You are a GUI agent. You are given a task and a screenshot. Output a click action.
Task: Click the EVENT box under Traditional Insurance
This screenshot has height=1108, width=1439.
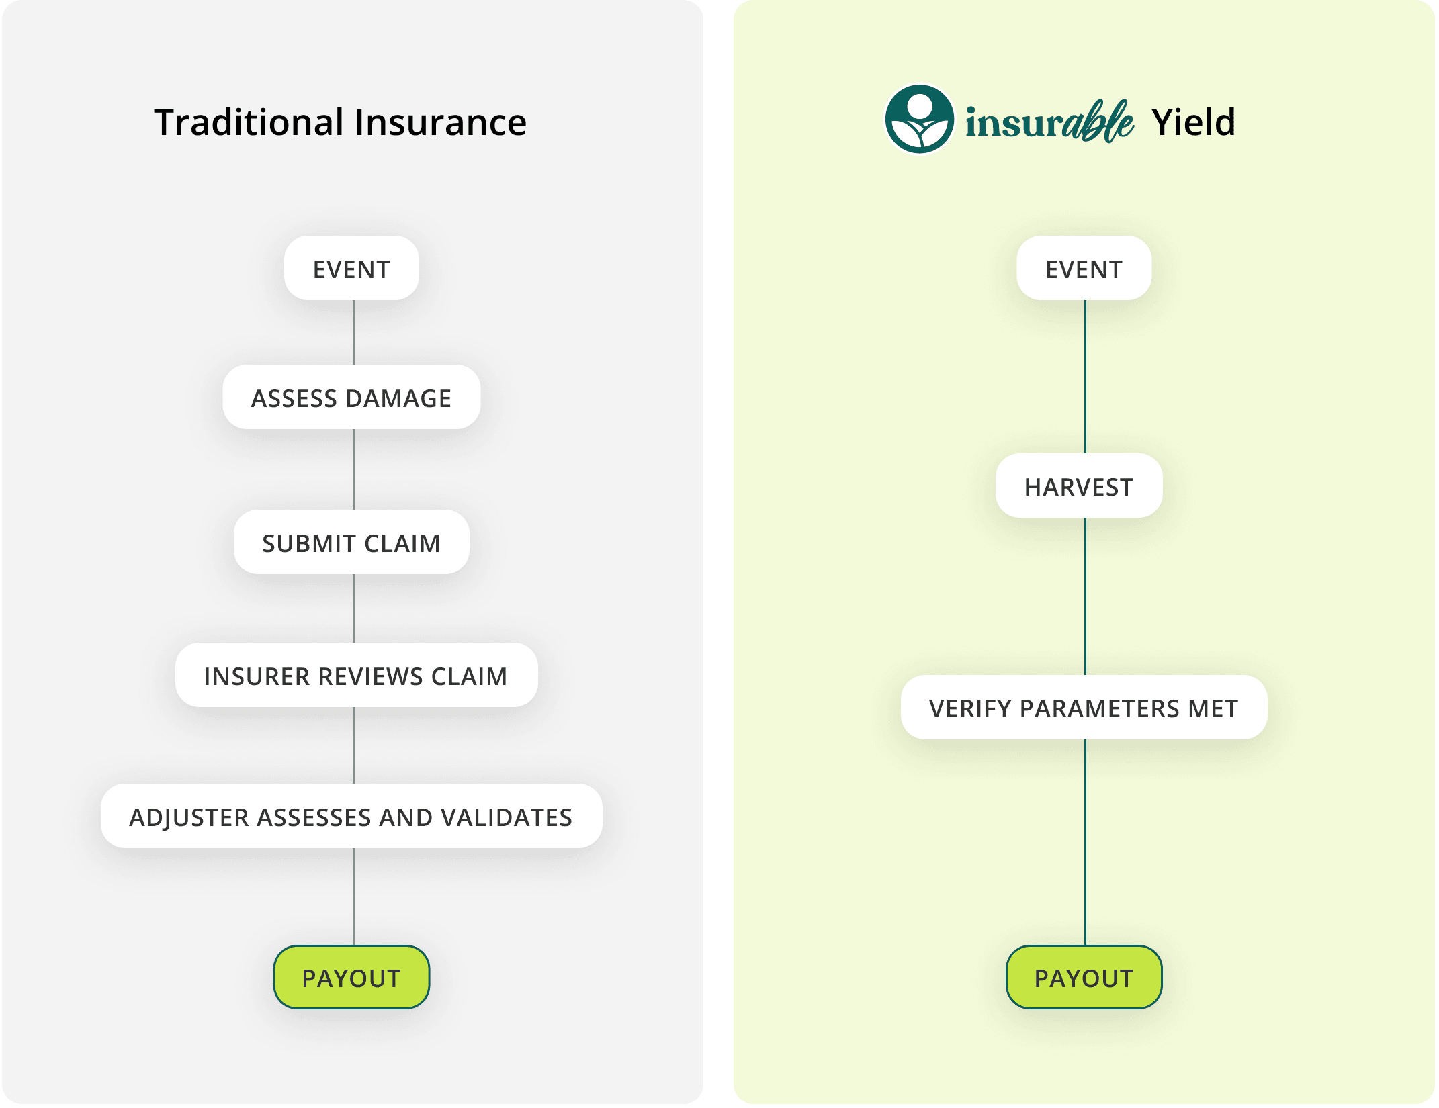point(351,269)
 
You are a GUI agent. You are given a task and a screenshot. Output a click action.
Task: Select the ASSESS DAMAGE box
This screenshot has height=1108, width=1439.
point(351,398)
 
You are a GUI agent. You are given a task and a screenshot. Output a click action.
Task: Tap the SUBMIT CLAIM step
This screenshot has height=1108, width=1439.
point(351,543)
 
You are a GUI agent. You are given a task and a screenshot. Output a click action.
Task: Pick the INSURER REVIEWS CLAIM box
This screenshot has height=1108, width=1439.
point(356,676)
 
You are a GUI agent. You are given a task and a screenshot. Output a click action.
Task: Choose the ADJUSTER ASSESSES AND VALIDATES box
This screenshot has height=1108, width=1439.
point(351,817)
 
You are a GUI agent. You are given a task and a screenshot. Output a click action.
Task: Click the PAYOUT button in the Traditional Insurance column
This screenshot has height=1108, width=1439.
point(351,978)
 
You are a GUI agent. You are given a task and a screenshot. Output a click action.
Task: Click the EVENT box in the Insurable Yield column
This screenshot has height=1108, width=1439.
point(1084,269)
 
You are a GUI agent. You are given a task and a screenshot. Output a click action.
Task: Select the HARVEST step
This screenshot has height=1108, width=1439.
point(1079,486)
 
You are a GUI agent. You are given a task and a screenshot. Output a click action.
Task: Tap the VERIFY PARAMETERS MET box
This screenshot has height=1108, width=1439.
point(1084,708)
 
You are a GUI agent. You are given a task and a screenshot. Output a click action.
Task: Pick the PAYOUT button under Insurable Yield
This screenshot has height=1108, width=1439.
point(1084,978)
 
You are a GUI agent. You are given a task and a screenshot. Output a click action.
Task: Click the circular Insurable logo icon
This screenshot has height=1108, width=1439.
point(919,120)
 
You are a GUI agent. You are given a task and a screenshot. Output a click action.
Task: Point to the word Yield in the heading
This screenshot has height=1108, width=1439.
point(1194,122)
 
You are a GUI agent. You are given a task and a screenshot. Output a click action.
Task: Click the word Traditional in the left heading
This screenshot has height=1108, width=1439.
point(249,122)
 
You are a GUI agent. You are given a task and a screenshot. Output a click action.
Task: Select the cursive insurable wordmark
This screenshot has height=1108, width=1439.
point(1049,122)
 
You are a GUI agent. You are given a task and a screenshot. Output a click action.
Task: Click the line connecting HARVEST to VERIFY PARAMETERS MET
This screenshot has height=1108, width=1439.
point(1085,596)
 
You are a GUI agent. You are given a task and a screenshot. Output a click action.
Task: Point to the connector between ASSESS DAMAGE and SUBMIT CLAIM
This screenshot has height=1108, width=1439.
point(353,469)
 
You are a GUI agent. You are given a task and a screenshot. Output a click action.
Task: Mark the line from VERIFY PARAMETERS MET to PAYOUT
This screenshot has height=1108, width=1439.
point(1085,842)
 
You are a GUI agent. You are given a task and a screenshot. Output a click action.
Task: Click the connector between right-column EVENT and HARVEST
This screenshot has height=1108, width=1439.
point(1085,377)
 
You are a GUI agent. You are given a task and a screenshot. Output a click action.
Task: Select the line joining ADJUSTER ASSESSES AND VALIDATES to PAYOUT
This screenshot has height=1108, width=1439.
point(353,896)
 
